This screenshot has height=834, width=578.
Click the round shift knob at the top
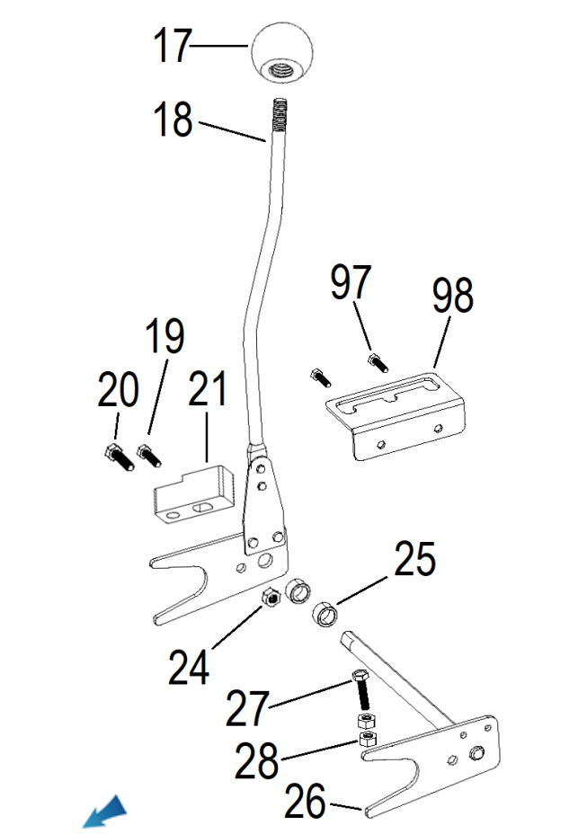pyautogui.click(x=280, y=53)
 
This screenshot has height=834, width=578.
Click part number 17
pyautogui.click(x=172, y=45)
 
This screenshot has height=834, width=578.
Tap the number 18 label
pyautogui.click(x=173, y=120)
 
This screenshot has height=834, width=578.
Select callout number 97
pyautogui.click(x=351, y=282)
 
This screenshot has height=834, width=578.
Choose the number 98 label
pyautogui.click(x=452, y=296)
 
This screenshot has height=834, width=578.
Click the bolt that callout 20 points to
pyautogui.click(x=119, y=457)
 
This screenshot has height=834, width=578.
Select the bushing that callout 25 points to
pyautogui.click(x=325, y=616)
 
